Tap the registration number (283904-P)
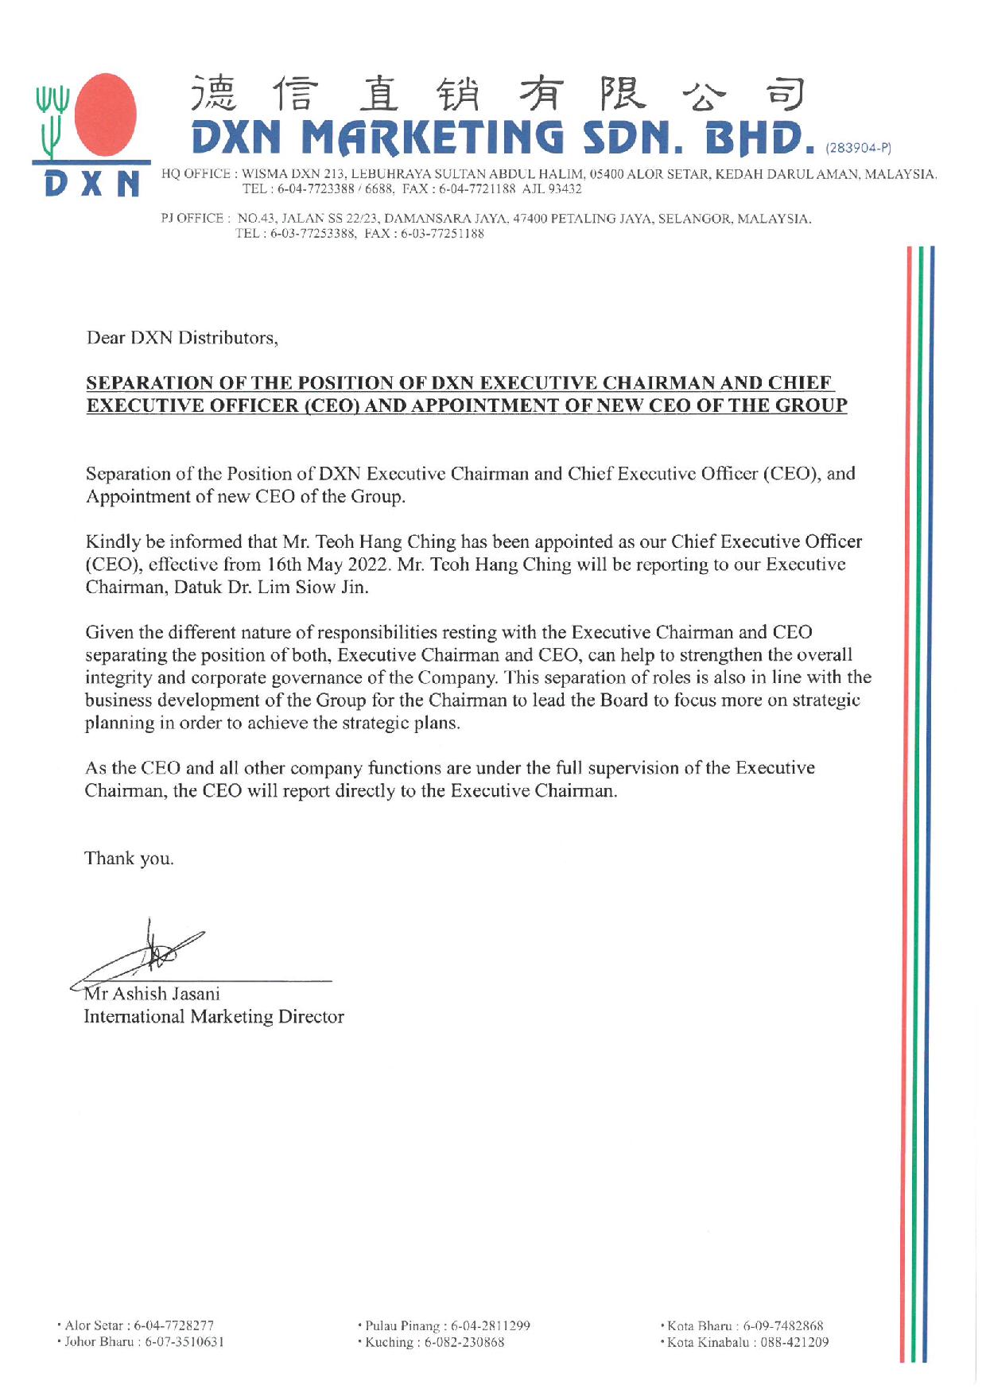[x=859, y=148]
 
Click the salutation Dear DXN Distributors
[x=182, y=338]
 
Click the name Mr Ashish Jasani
[x=153, y=994]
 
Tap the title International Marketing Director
[x=214, y=1017]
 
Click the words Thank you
[x=129, y=859]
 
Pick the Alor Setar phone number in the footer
[x=173, y=1325]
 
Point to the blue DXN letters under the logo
[x=92, y=184]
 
